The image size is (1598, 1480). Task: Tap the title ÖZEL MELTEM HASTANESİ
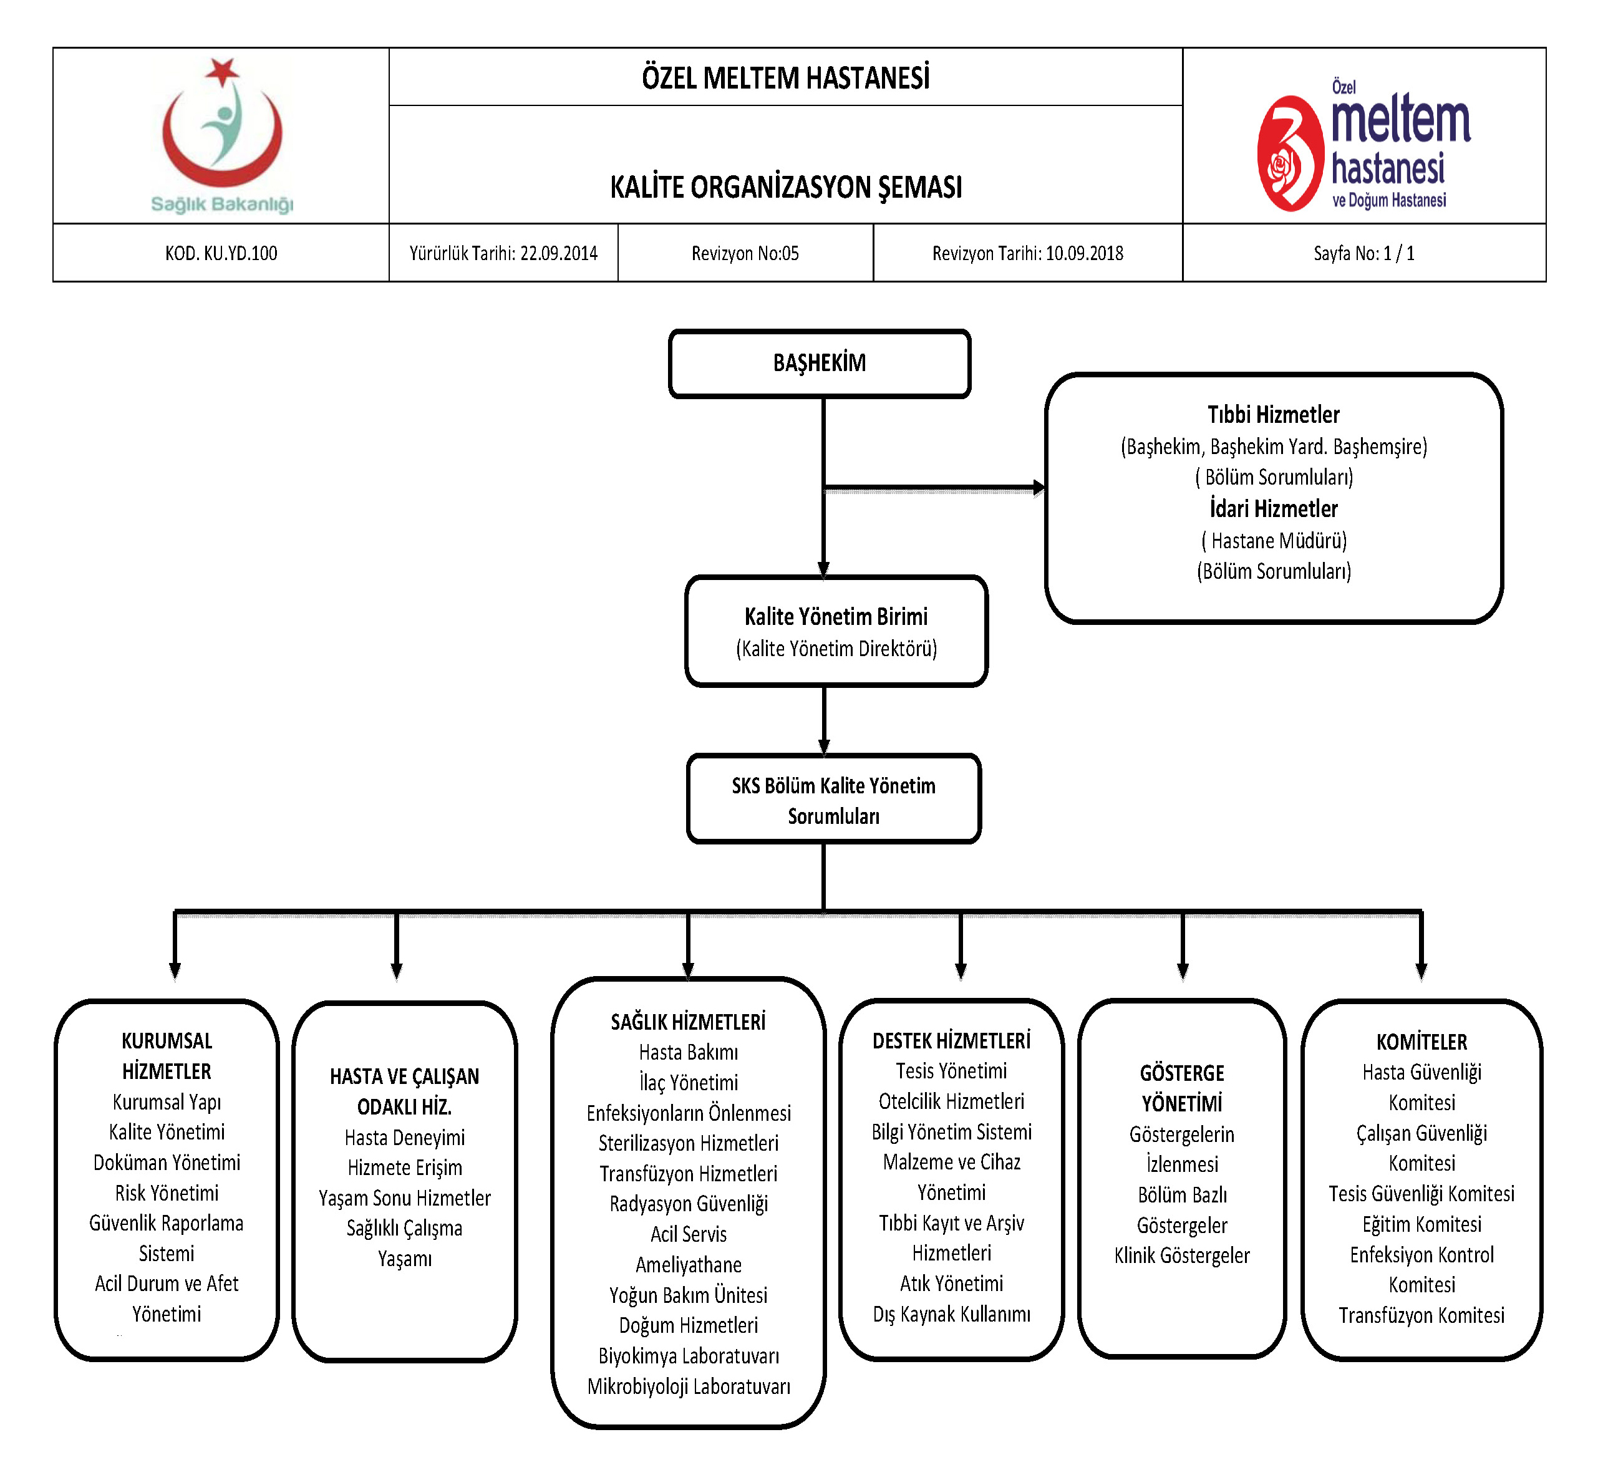pos(785,78)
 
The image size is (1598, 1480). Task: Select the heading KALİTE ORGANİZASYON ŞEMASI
pos(785,187)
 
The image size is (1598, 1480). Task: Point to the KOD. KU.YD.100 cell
pos(221,253)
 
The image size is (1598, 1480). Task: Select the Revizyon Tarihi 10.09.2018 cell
pos(1028,253)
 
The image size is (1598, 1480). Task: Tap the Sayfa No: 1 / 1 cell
pos(1363,253)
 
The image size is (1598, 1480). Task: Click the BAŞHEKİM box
pos(820,364)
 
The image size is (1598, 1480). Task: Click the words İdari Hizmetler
pos(1274,508)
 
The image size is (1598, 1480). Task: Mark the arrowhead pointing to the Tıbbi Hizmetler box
pos(1039,487)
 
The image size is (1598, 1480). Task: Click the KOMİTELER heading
pos(1421,1042)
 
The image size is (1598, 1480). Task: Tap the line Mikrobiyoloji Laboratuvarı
pos(688,1386)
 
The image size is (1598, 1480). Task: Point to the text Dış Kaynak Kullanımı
pos(952,1314)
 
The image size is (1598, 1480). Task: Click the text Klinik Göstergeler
pos(1181,1255)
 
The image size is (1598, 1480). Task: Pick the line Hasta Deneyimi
pos(405,1137)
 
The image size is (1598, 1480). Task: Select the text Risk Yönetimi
pos(167,1192)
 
